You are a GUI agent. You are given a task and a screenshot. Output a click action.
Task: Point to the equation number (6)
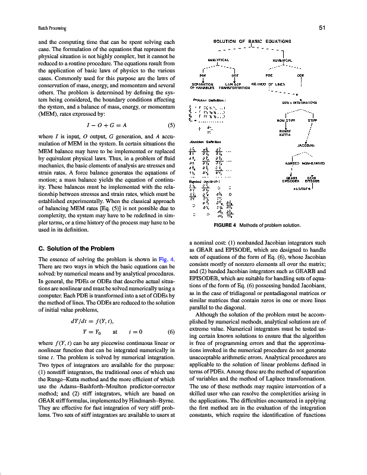click(x=171, y=331)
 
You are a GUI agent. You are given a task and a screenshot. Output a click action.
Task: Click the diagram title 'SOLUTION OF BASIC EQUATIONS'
click(x=253, y=41)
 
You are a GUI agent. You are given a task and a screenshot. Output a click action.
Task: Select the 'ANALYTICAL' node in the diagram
click(x=218, y=60)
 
